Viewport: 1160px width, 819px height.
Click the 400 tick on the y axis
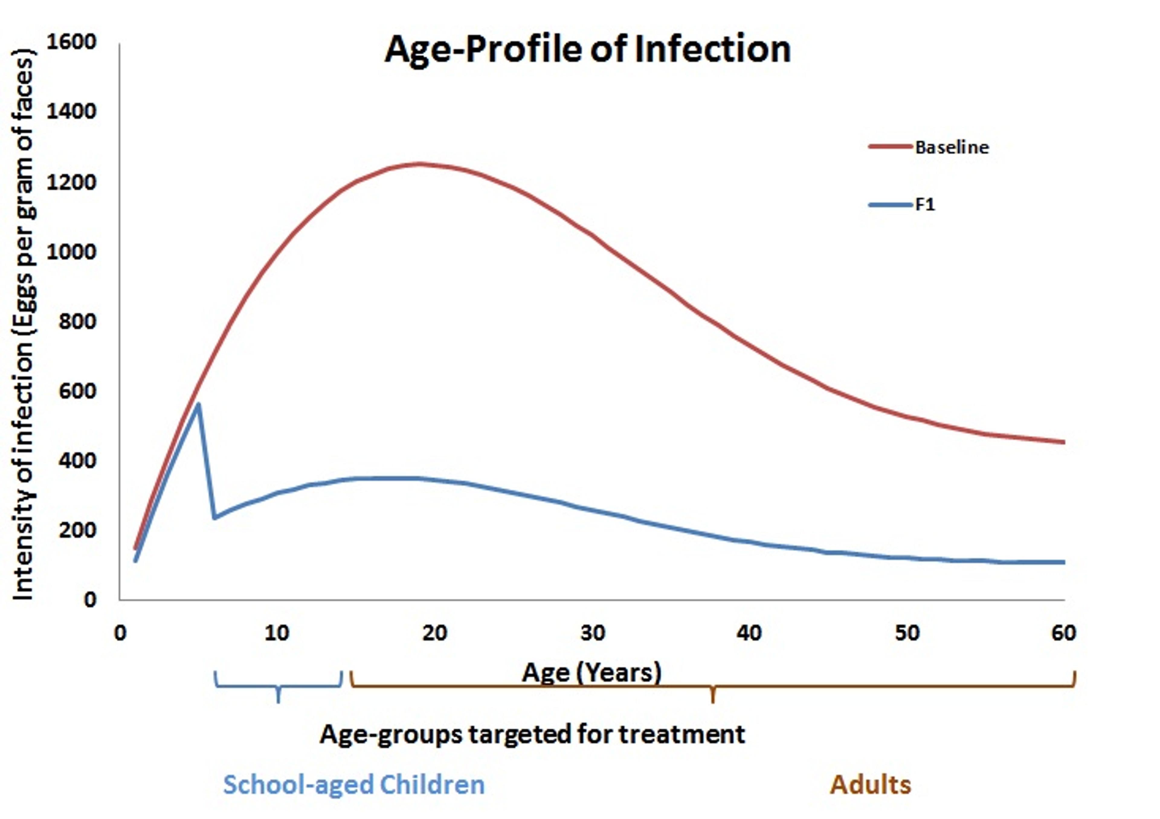pos(77,461)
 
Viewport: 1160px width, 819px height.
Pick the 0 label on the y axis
pos(90,600)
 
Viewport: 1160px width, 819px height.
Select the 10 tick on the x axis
pos(277,633)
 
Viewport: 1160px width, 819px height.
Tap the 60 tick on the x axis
pos(1064,633)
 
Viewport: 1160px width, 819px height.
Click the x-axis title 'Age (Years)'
pos(591,672)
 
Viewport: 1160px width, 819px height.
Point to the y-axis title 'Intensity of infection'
pos(23,324)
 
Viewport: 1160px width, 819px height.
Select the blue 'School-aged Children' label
pos(354,785)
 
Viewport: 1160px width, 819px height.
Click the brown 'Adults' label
pos(871,785)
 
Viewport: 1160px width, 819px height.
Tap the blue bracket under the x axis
pos(278,687)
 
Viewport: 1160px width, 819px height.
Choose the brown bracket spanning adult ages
pos(712,687)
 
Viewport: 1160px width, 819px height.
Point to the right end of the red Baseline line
pos(1064,442)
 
